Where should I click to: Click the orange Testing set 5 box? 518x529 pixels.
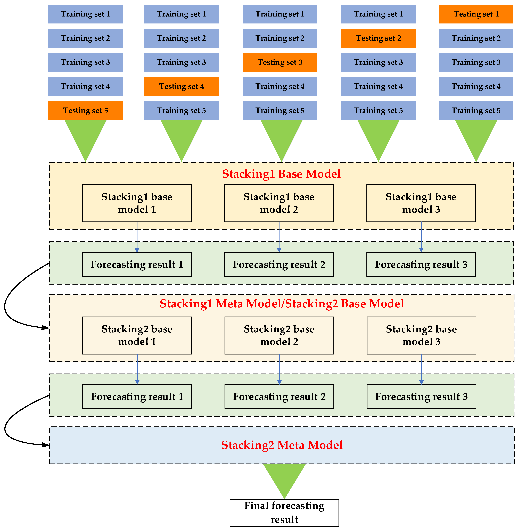(x=85, y=110)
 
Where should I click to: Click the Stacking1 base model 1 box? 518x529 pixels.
(x=137, y=203)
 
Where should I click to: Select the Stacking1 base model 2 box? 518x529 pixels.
(x=279, y=203)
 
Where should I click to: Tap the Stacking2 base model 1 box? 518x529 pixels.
(x=137, y=335)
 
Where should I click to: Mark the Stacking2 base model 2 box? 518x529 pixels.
(x=279, y=335)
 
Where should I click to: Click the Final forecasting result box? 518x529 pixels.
(x=284, y=513)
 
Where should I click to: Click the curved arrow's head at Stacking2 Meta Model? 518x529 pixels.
(x=46, y=445)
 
